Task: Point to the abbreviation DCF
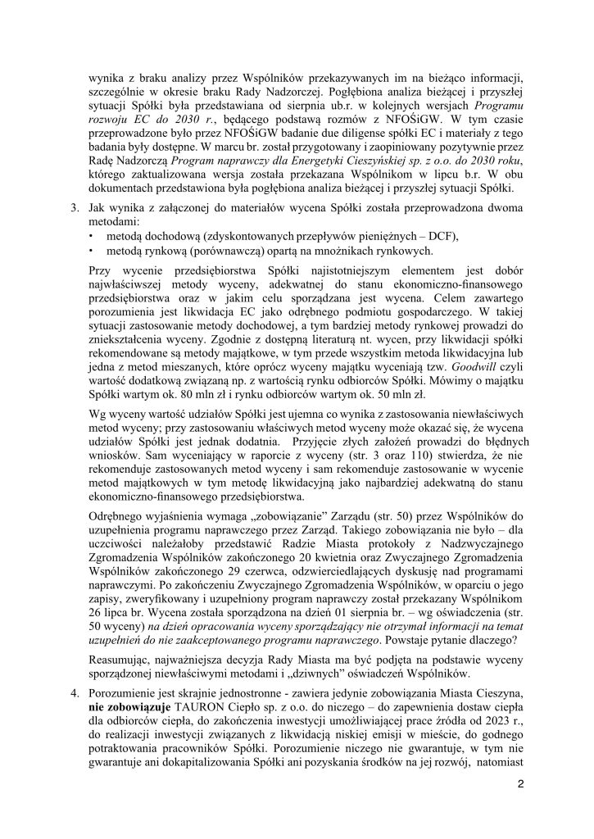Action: [442, 236]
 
